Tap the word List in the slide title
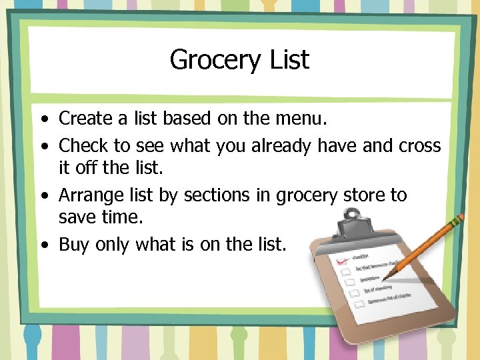pos(289,60)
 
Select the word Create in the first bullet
pos(85,119)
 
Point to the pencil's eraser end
pos(459,217)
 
